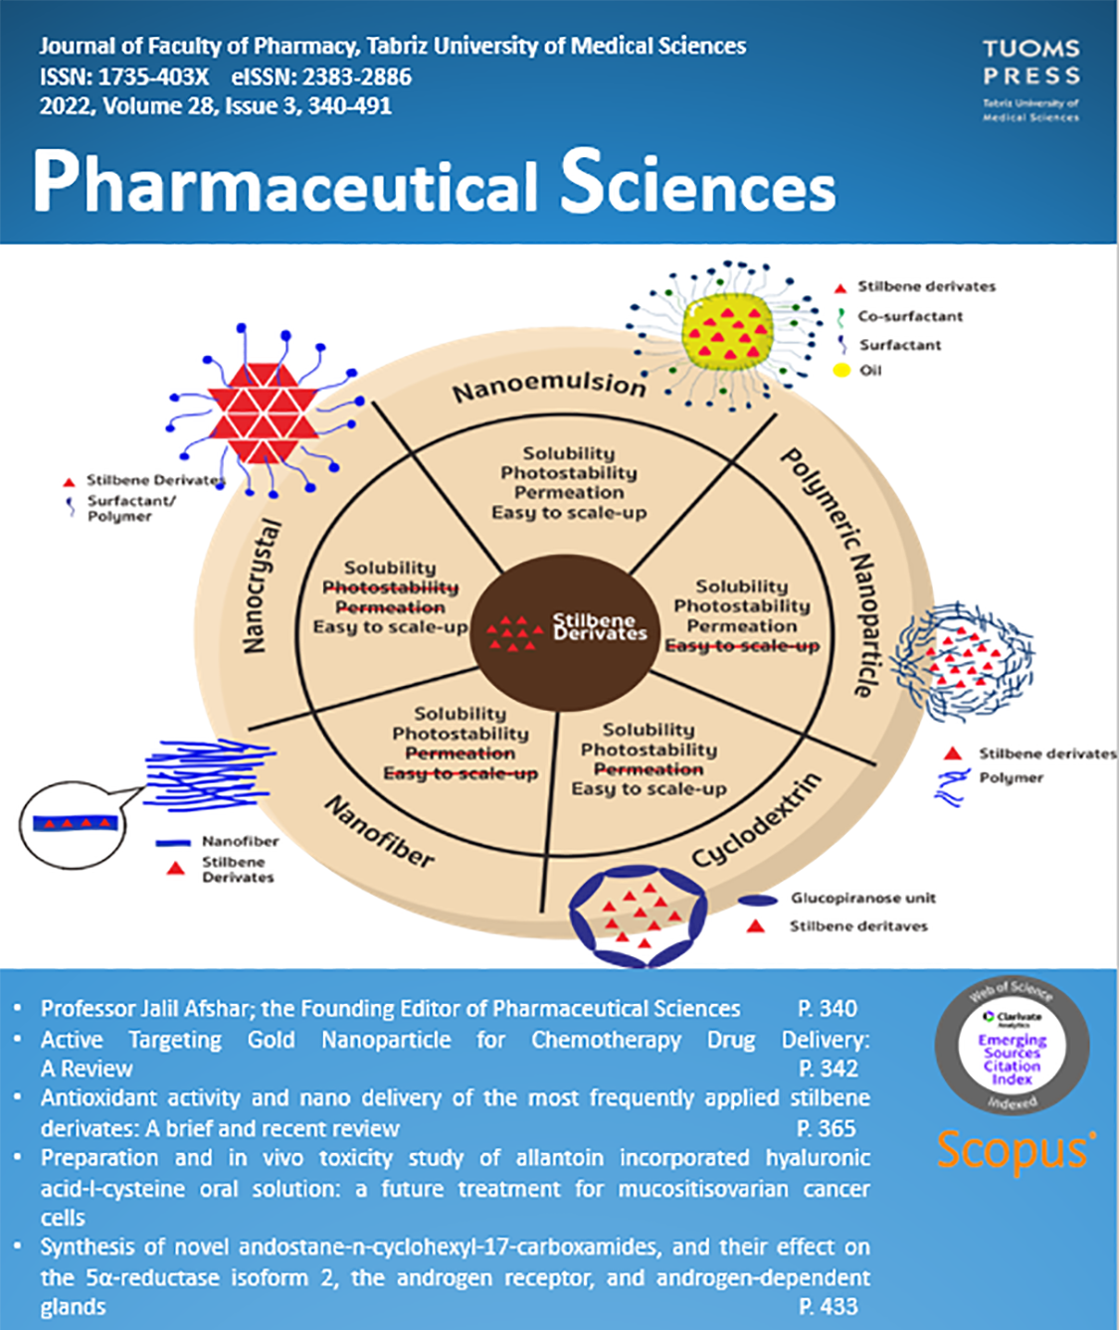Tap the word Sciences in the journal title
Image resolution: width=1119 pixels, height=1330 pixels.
pos(697,183)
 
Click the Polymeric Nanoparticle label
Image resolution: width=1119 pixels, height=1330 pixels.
pos(828,572)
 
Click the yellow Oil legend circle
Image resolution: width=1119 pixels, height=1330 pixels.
pos(841,371)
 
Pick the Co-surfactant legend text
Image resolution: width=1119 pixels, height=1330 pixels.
pos(910,316)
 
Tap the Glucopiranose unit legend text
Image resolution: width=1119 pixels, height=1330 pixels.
pos(862,899)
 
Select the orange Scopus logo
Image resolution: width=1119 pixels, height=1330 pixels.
pos(1016,1150)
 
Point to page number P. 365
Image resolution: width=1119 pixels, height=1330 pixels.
pos(826,1128)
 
